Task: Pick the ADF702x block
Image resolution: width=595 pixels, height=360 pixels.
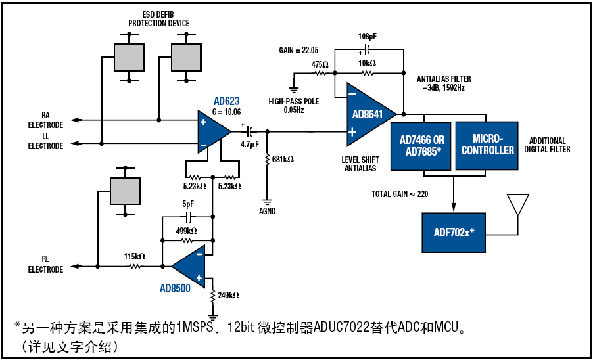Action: pyautogui.click(x=453, y=233)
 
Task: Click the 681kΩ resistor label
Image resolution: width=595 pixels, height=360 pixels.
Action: pyautogui.click(x=282, y=160)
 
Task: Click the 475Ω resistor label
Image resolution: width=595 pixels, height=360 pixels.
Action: pyautogui.click(x=320, y=64)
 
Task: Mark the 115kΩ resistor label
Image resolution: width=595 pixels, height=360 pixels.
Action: pyautogui.click(x=135, y=256)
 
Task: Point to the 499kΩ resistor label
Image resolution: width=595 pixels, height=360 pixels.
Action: pyautogui.click(x=187, y=231)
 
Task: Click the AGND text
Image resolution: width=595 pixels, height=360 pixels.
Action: pyautogui.click(x=268, y=212)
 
